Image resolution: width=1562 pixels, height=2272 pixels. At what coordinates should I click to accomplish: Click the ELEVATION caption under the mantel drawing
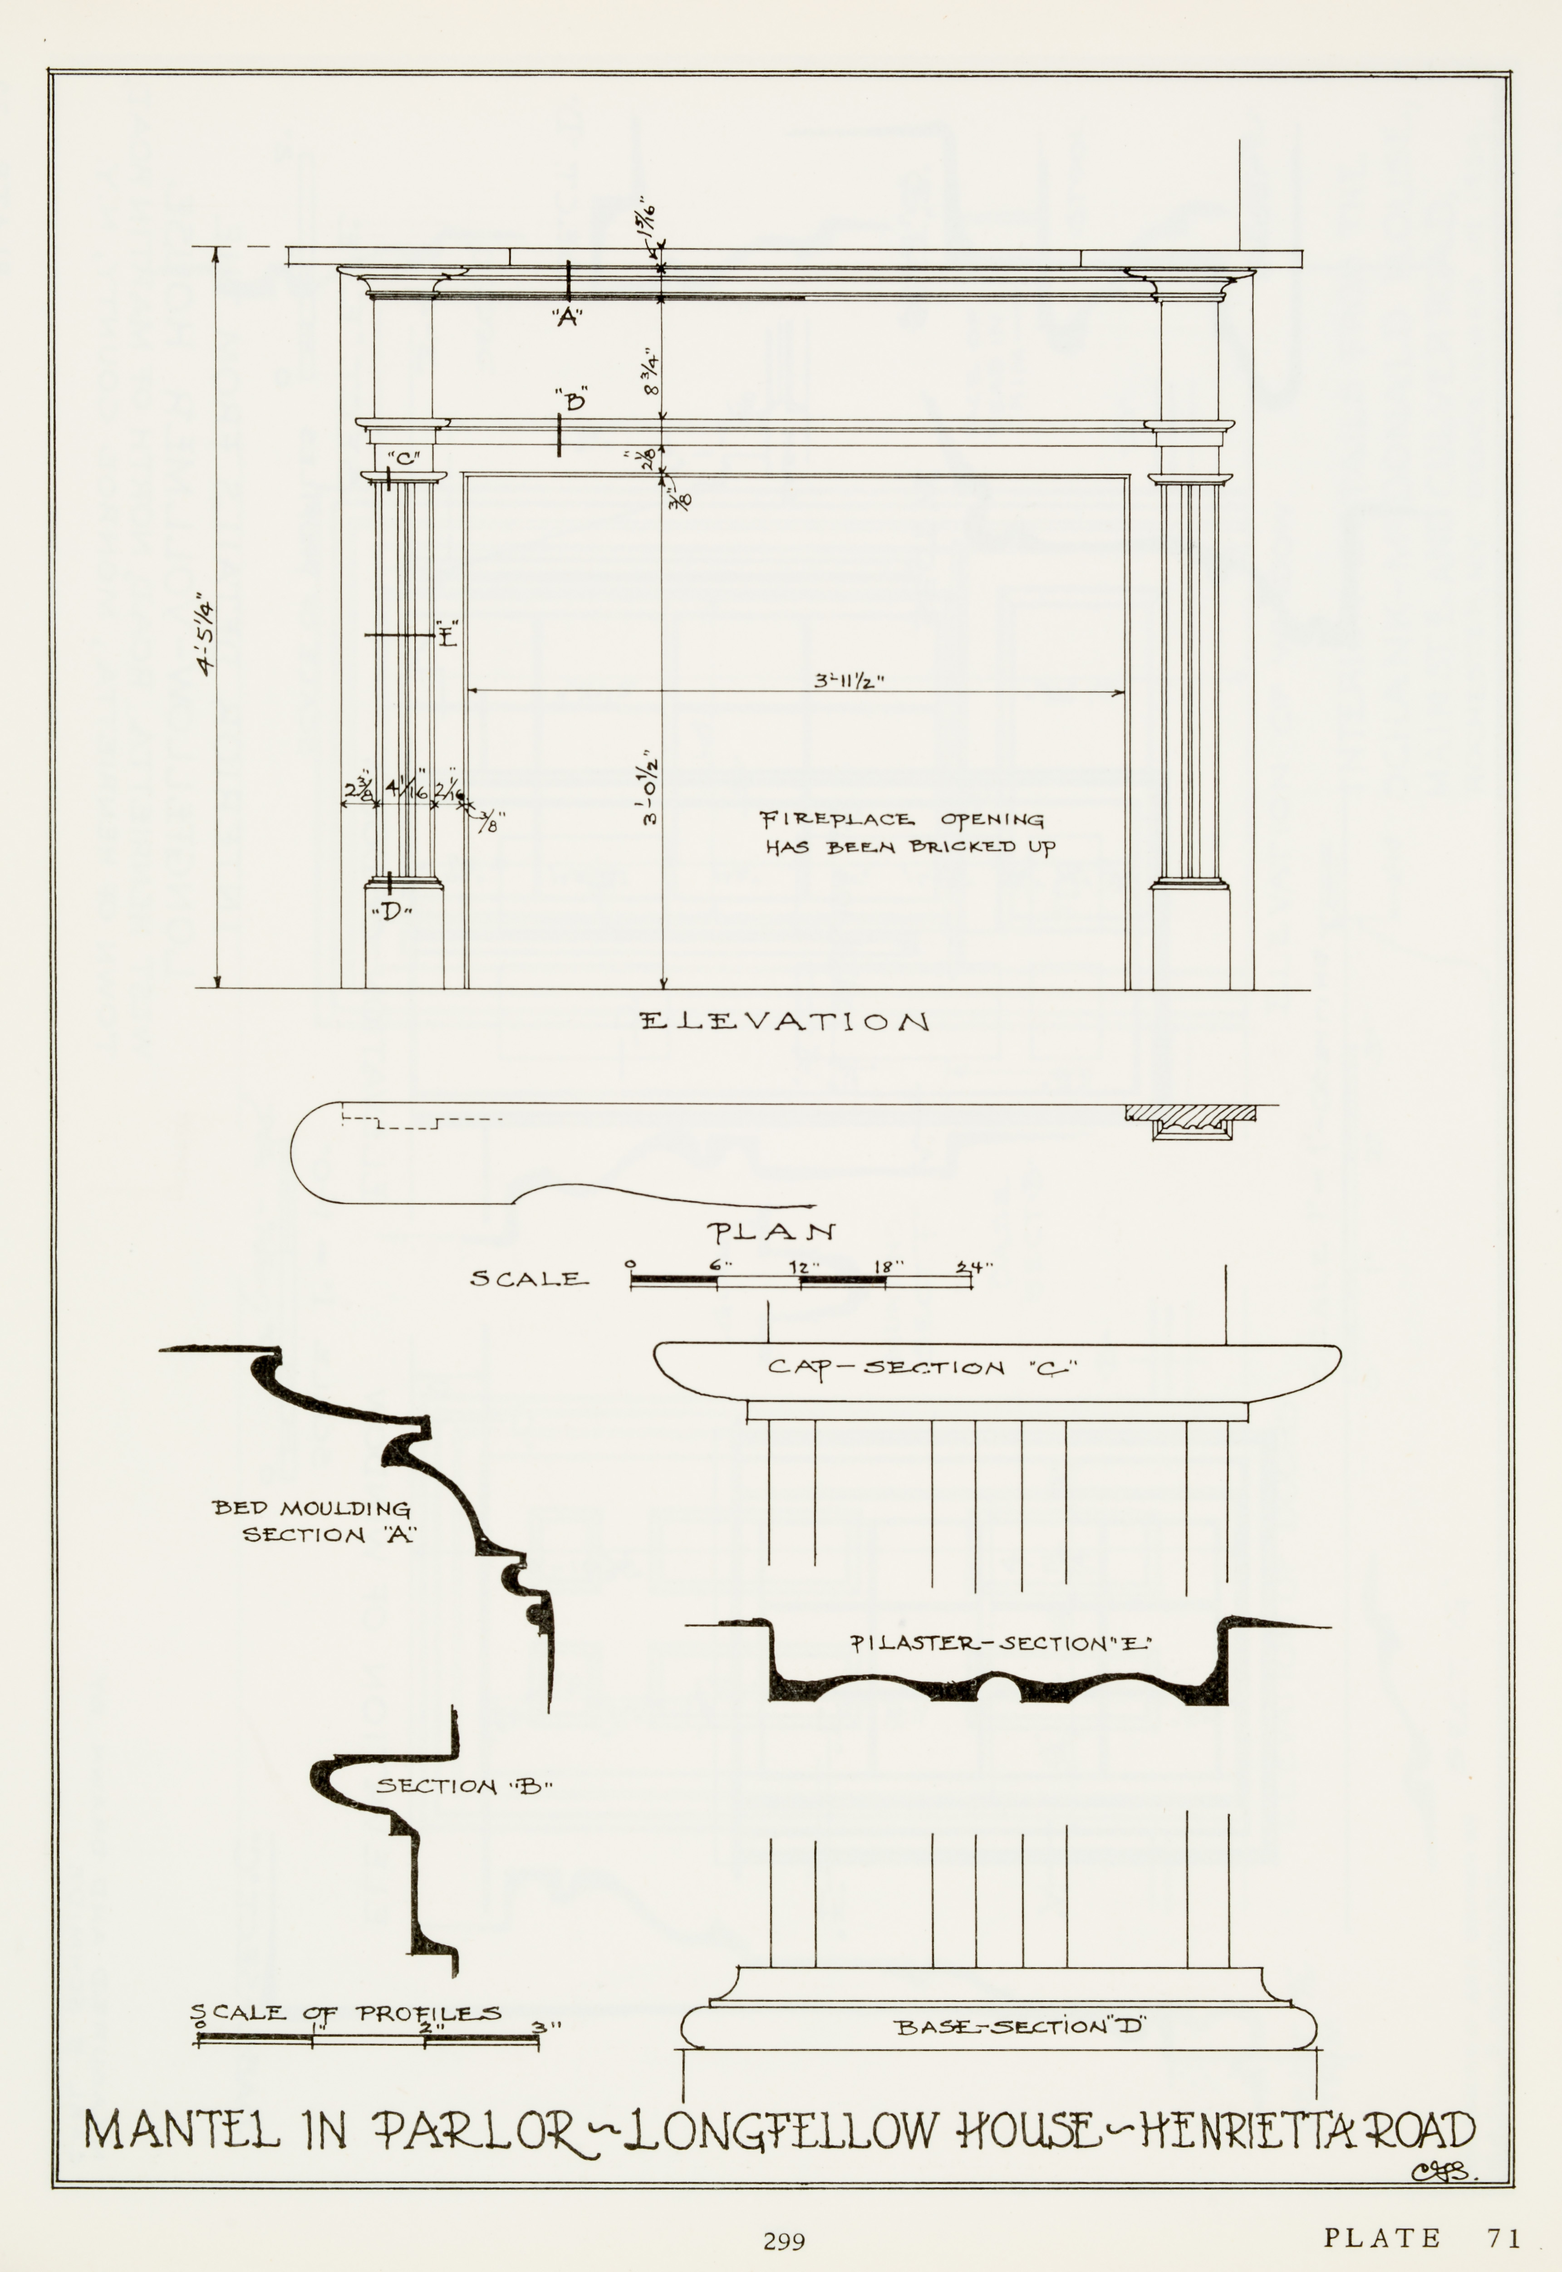click(784, 1023)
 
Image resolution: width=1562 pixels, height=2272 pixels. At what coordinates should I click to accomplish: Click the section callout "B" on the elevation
click(573, 400)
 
